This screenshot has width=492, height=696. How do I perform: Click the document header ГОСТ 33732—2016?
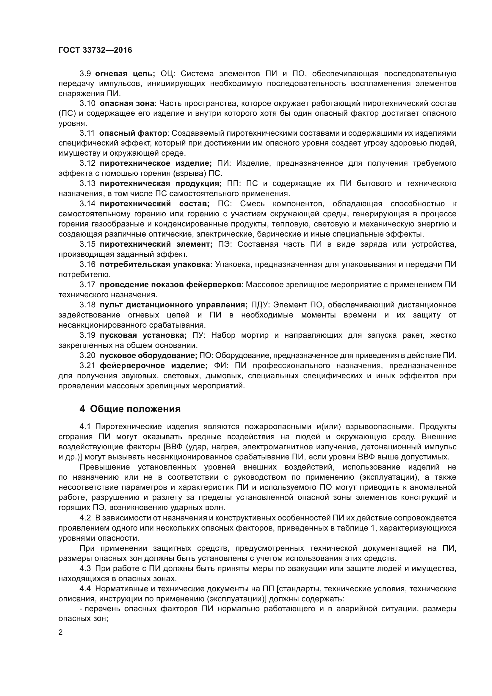pos(95,50)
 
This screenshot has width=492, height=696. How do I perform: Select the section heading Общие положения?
pos(135,409)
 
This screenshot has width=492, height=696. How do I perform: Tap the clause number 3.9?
pos(85,74)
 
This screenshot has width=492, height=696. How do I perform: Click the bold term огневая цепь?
pos(125,74)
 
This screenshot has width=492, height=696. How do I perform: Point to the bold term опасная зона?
pos(127,103)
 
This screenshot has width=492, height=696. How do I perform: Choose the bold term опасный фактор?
pos(133,133)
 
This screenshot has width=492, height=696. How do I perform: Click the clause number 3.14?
pos(87,204)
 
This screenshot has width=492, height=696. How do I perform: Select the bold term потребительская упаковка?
pos(155,264)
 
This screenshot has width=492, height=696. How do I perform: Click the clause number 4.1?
pos(85,426)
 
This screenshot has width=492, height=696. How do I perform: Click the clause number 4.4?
pos(85,589)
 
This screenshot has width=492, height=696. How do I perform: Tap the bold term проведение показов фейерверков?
pos(170,285)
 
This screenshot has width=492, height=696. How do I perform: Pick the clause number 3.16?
pos(87,264)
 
